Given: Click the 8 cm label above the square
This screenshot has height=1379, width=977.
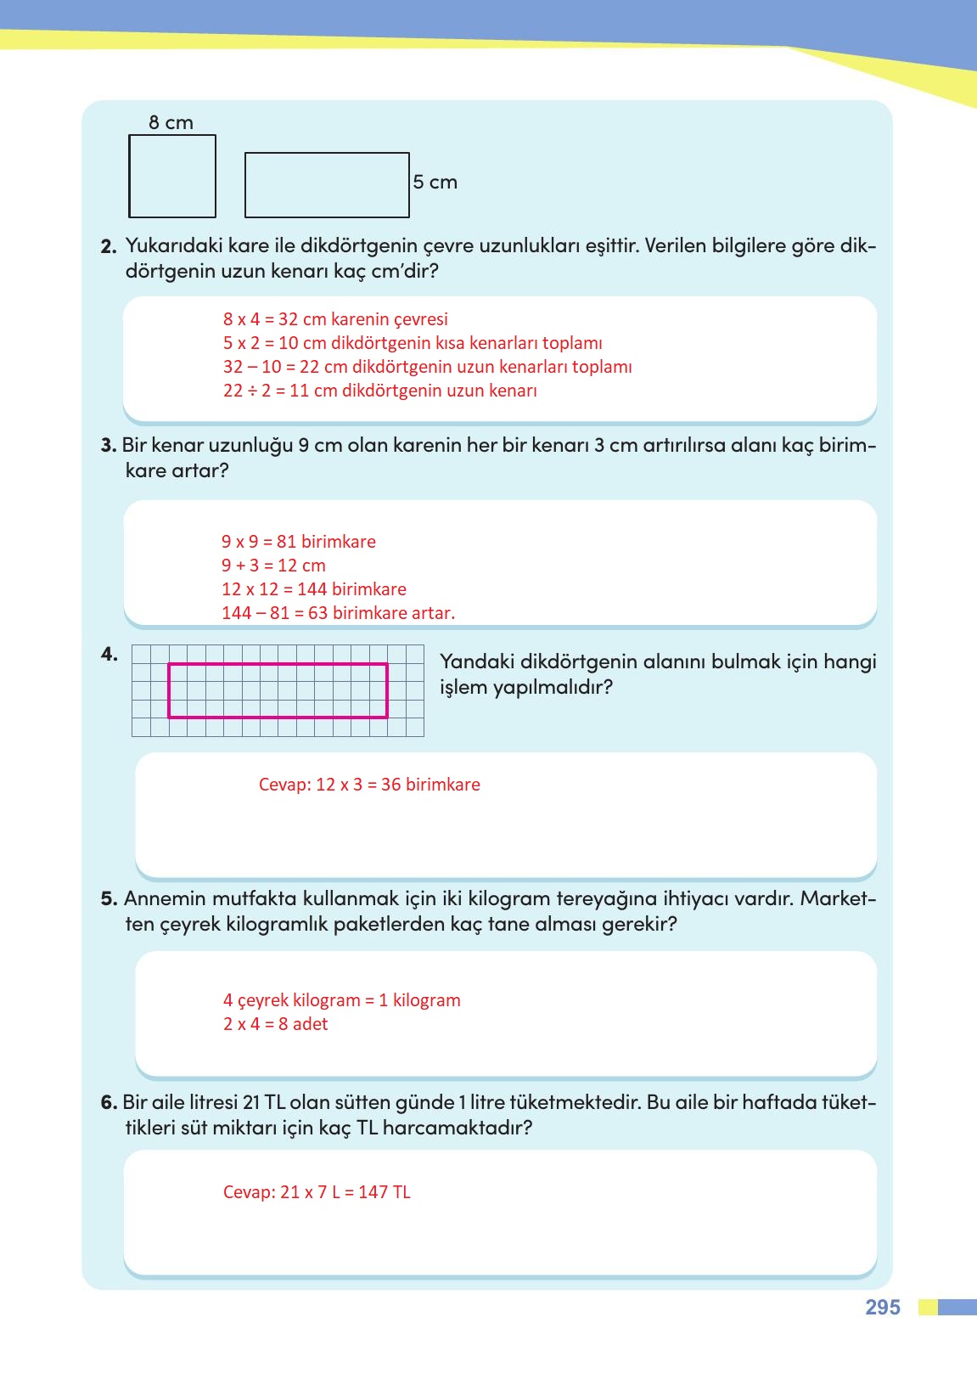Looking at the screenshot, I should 171,122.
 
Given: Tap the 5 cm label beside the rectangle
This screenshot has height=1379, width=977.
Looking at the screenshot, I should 435,182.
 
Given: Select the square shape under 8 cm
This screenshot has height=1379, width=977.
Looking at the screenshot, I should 172,177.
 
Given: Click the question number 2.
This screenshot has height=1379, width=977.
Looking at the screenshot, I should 108,247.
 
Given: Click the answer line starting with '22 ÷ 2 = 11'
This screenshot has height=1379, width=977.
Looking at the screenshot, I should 379,391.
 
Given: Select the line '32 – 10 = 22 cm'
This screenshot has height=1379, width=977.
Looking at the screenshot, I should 427,367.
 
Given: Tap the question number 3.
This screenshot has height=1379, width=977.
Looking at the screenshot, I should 108,445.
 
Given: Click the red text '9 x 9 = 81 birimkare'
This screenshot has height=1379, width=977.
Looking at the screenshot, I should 298,542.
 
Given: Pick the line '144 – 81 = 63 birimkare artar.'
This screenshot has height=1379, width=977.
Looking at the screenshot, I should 338,613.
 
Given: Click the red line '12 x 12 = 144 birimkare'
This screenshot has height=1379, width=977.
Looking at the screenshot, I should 313,589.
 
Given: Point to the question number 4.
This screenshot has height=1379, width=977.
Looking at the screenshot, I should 109,654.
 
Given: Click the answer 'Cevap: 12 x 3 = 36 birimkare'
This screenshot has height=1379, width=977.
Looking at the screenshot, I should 369,785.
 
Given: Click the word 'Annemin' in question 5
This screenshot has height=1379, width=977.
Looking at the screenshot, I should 165,898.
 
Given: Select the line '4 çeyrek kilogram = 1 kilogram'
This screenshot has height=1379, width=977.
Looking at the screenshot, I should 341,1000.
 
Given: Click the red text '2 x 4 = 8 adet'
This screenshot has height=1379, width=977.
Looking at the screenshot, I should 275,1024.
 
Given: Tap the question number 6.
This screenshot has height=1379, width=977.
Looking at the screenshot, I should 109,1102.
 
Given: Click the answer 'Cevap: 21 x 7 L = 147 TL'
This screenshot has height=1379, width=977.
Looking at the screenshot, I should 317,1192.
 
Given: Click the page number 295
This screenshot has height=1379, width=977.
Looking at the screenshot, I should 882,1307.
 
